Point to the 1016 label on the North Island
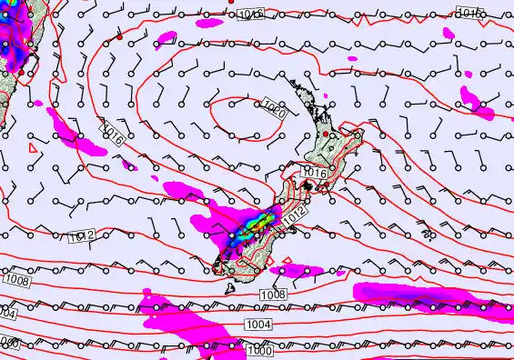tap(315, 173)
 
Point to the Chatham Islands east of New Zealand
tap(426, 235)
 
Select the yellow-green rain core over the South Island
tap(257, 221)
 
